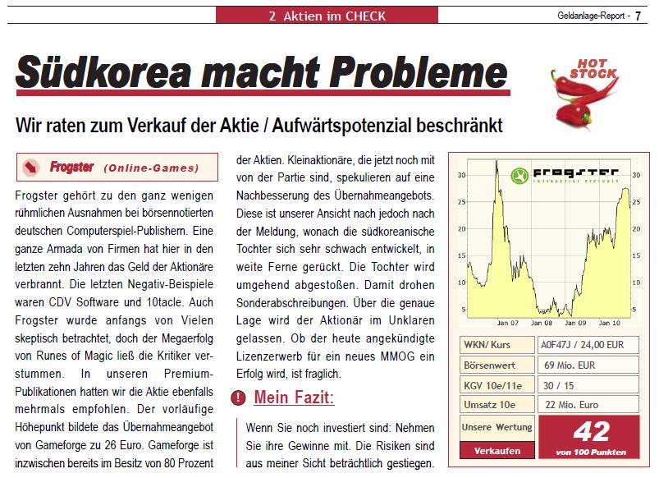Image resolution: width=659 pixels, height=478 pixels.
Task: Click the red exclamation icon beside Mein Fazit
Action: tap(237, 398)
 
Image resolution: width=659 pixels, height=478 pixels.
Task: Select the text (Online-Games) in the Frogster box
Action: tap(152, 168)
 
